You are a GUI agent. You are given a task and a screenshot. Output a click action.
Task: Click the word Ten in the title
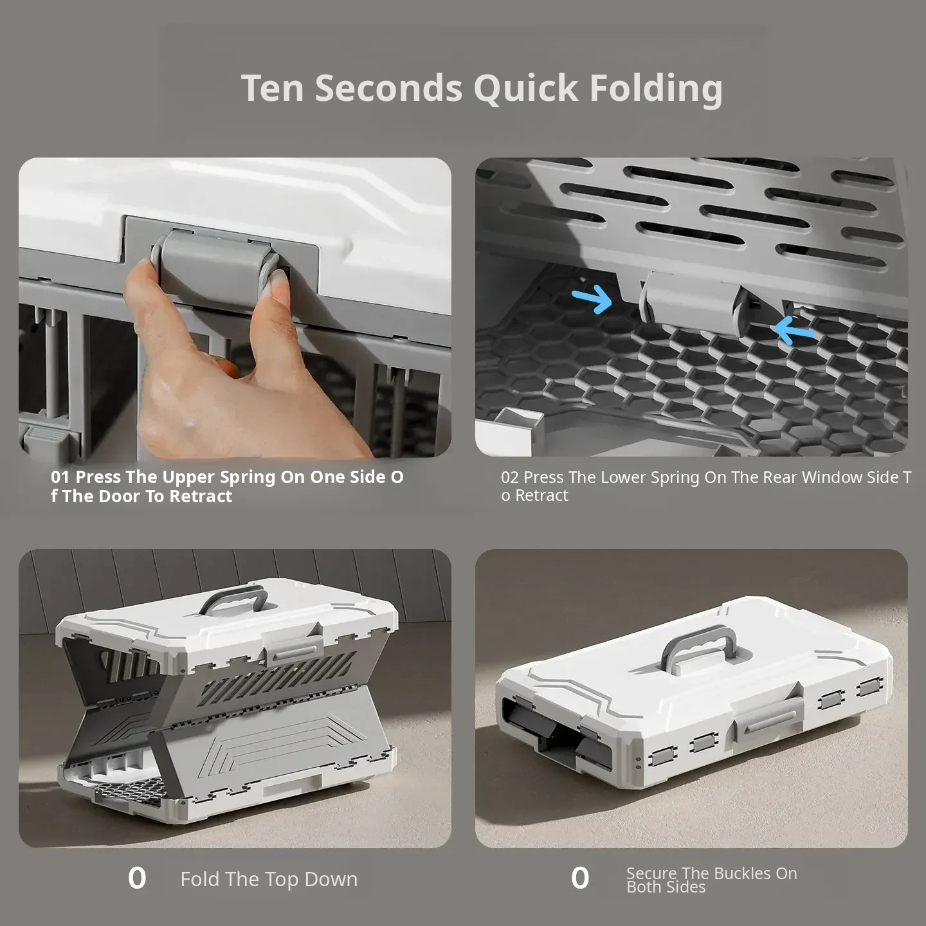click(x=273, y=88)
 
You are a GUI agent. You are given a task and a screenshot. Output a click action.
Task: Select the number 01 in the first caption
click(x=60, y=477)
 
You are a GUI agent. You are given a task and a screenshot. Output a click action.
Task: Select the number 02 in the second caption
click(x=510, y=477)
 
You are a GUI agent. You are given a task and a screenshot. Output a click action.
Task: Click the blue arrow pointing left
click(x=794, y=330)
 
